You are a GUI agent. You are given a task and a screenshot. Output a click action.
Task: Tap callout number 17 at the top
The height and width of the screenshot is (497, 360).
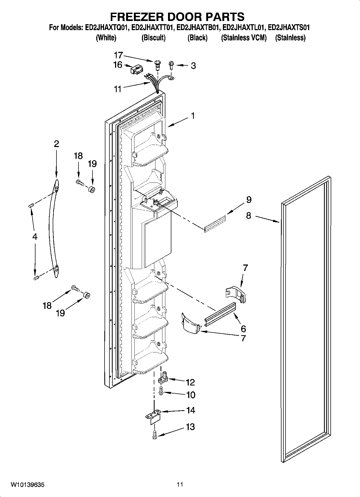(x=118, y=55)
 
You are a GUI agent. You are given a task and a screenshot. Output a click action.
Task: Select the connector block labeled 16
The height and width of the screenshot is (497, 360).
(x=136, y=70)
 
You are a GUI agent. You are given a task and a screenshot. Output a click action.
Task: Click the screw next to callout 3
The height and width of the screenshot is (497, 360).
(x=170, y=65)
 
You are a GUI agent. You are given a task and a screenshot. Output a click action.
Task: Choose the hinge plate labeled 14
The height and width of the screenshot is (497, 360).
(x=153, y=415)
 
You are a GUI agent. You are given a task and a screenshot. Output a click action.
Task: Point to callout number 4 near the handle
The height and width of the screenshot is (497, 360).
(x=34, y=237)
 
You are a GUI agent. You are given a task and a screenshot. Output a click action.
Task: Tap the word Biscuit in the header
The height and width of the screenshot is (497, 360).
(x=154, y=38)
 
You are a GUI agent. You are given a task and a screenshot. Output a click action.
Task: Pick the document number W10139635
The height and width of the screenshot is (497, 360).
(x=27, y=485)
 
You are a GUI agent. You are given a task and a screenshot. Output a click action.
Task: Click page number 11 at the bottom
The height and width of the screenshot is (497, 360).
(x=180, y=484)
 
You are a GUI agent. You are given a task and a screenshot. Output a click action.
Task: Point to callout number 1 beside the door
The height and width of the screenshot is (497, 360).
(x=193, y=116)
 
